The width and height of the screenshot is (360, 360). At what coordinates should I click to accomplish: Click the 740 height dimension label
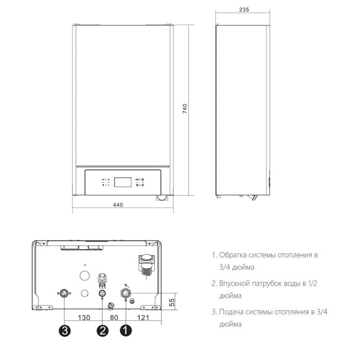(185, 109)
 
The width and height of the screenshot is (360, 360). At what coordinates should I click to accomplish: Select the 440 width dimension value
(118, 205)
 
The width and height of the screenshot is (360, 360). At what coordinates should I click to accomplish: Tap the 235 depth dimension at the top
(244, 11)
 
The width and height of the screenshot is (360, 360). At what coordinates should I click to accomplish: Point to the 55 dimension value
(172, 302)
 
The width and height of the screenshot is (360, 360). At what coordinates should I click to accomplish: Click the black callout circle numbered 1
(127, 329)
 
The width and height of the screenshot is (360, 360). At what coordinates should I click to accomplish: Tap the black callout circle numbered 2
(103, 329)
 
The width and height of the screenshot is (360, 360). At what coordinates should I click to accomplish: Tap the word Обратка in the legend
(236, 255)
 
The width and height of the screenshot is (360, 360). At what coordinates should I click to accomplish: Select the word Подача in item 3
(233, 312)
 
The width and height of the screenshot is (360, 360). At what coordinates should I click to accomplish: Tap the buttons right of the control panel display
(139, 182)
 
